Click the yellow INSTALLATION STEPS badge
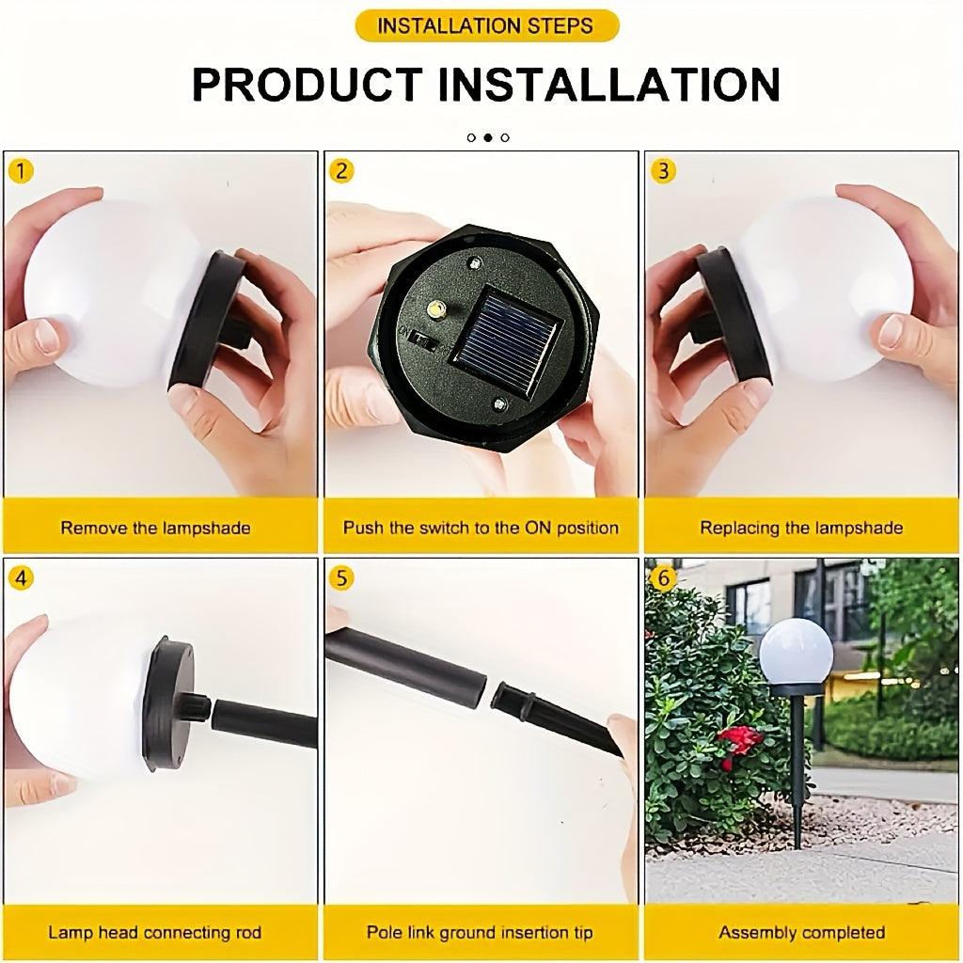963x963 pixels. (486, 25)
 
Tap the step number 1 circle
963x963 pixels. (20, 171)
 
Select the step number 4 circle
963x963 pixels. (20, 577)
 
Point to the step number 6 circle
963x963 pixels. (664, 577)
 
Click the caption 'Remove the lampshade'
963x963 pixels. (156, 528)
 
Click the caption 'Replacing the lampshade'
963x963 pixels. (801, 528)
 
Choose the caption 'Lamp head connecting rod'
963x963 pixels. (155, 933)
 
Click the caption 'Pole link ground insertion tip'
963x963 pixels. (480, 933)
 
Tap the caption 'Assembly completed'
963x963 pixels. (801, 933)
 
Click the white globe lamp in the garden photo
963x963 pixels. (796, 651)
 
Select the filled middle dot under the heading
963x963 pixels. (488, 137)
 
